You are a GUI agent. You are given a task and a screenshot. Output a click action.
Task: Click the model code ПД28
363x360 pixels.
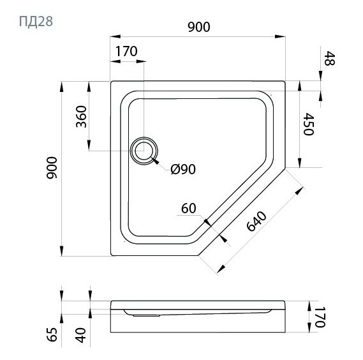pyautogui.click(x=36, y=22)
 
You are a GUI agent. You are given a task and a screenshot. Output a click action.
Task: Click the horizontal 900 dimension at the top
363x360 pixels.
pyautogui.click(x=199, y=27)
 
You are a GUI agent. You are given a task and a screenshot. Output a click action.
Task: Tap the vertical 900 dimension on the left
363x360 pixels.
pyautogui.click(x=52, y=168)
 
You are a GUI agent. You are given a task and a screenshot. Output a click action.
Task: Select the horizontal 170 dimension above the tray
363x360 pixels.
pyautogui.click(x=126, y=51)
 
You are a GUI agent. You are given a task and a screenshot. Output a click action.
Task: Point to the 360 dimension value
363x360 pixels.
pyautogui.click(x=81, y=117)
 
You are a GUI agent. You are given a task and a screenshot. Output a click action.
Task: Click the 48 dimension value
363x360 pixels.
pyautogui.click(x=329, y=58)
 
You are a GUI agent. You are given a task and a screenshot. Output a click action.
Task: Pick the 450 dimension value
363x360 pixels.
pyautogui.click(x=309, y=124)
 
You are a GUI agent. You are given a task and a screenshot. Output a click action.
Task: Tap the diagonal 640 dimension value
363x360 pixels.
pyautogui.click(x=256, y=221)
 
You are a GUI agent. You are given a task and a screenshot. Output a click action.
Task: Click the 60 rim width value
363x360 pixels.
pyautogui.click(x=189, y=208)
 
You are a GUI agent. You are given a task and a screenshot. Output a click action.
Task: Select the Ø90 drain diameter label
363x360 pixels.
pyautogui.click(x=183, y=169)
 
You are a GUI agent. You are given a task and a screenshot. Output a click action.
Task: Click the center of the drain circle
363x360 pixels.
pyautogui.click(x=144, y=151)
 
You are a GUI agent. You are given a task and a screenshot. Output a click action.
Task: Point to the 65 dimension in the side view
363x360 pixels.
pyautogui.click(x=52, y=334)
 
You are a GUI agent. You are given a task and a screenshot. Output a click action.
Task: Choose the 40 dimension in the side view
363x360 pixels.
pyautogui.click(x=81, y=335)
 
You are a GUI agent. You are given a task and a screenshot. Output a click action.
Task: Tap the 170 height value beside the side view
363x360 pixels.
pyautogui.click(x=320, y=317)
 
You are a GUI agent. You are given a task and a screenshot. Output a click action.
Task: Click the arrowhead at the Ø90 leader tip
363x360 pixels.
pyautogui.click(x=155, y=161)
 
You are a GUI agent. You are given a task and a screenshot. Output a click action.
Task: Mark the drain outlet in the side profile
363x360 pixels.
pyautogui.click(x=146, y=315)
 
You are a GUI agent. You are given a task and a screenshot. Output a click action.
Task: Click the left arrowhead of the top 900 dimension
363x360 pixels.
pyautogui.click(x=115, y=36)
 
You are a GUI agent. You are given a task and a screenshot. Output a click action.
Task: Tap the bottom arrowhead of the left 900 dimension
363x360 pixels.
pyautogui.click(x=61, y=251)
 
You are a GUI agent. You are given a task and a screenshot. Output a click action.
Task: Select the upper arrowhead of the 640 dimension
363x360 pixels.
pyautogui.click(x=299, y=191)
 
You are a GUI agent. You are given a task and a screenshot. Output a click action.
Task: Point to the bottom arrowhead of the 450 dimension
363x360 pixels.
pyautogui.click(x=300, y=162)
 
